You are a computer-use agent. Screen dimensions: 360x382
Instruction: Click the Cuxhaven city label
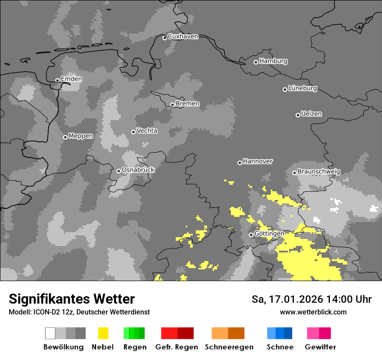click(x=183, y=36)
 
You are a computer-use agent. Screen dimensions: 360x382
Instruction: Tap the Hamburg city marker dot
click(x=256, y=62)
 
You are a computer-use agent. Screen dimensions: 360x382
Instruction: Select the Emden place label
click(x=71, y=79)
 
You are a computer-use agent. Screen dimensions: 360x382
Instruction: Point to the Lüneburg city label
click(x=303, y=88)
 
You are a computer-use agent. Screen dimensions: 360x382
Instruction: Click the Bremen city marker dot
click(x=172, y=105)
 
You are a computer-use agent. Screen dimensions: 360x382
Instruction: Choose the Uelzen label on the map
click(x=311, y=114)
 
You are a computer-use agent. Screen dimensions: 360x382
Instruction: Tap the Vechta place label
click(x=147, y=131)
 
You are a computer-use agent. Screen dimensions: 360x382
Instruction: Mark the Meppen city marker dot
click(x=65, y=137)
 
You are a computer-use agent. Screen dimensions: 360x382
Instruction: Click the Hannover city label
click(x=257, y=161)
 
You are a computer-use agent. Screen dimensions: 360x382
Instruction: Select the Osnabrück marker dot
click(x=119, y=171)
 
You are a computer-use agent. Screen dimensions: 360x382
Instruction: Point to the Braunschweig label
click(x=319, y=172)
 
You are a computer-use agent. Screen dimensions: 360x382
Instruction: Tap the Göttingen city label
click(x=269, y=234)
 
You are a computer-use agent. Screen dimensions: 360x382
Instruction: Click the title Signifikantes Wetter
click(x=72, y=299)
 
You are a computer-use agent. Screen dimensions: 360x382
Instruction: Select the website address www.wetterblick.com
click(x=313, y=312)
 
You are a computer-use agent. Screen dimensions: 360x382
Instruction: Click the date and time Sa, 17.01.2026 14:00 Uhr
click(x=311, y=299)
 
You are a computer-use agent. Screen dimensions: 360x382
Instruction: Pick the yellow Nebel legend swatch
click(x=103, y=333)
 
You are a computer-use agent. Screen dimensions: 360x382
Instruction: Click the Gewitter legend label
click(x=320, y=347)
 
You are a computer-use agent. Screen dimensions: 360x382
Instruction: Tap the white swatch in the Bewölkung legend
click(x=50, y=333)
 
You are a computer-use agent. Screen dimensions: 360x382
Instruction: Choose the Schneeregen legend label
click(x=229, y=347)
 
